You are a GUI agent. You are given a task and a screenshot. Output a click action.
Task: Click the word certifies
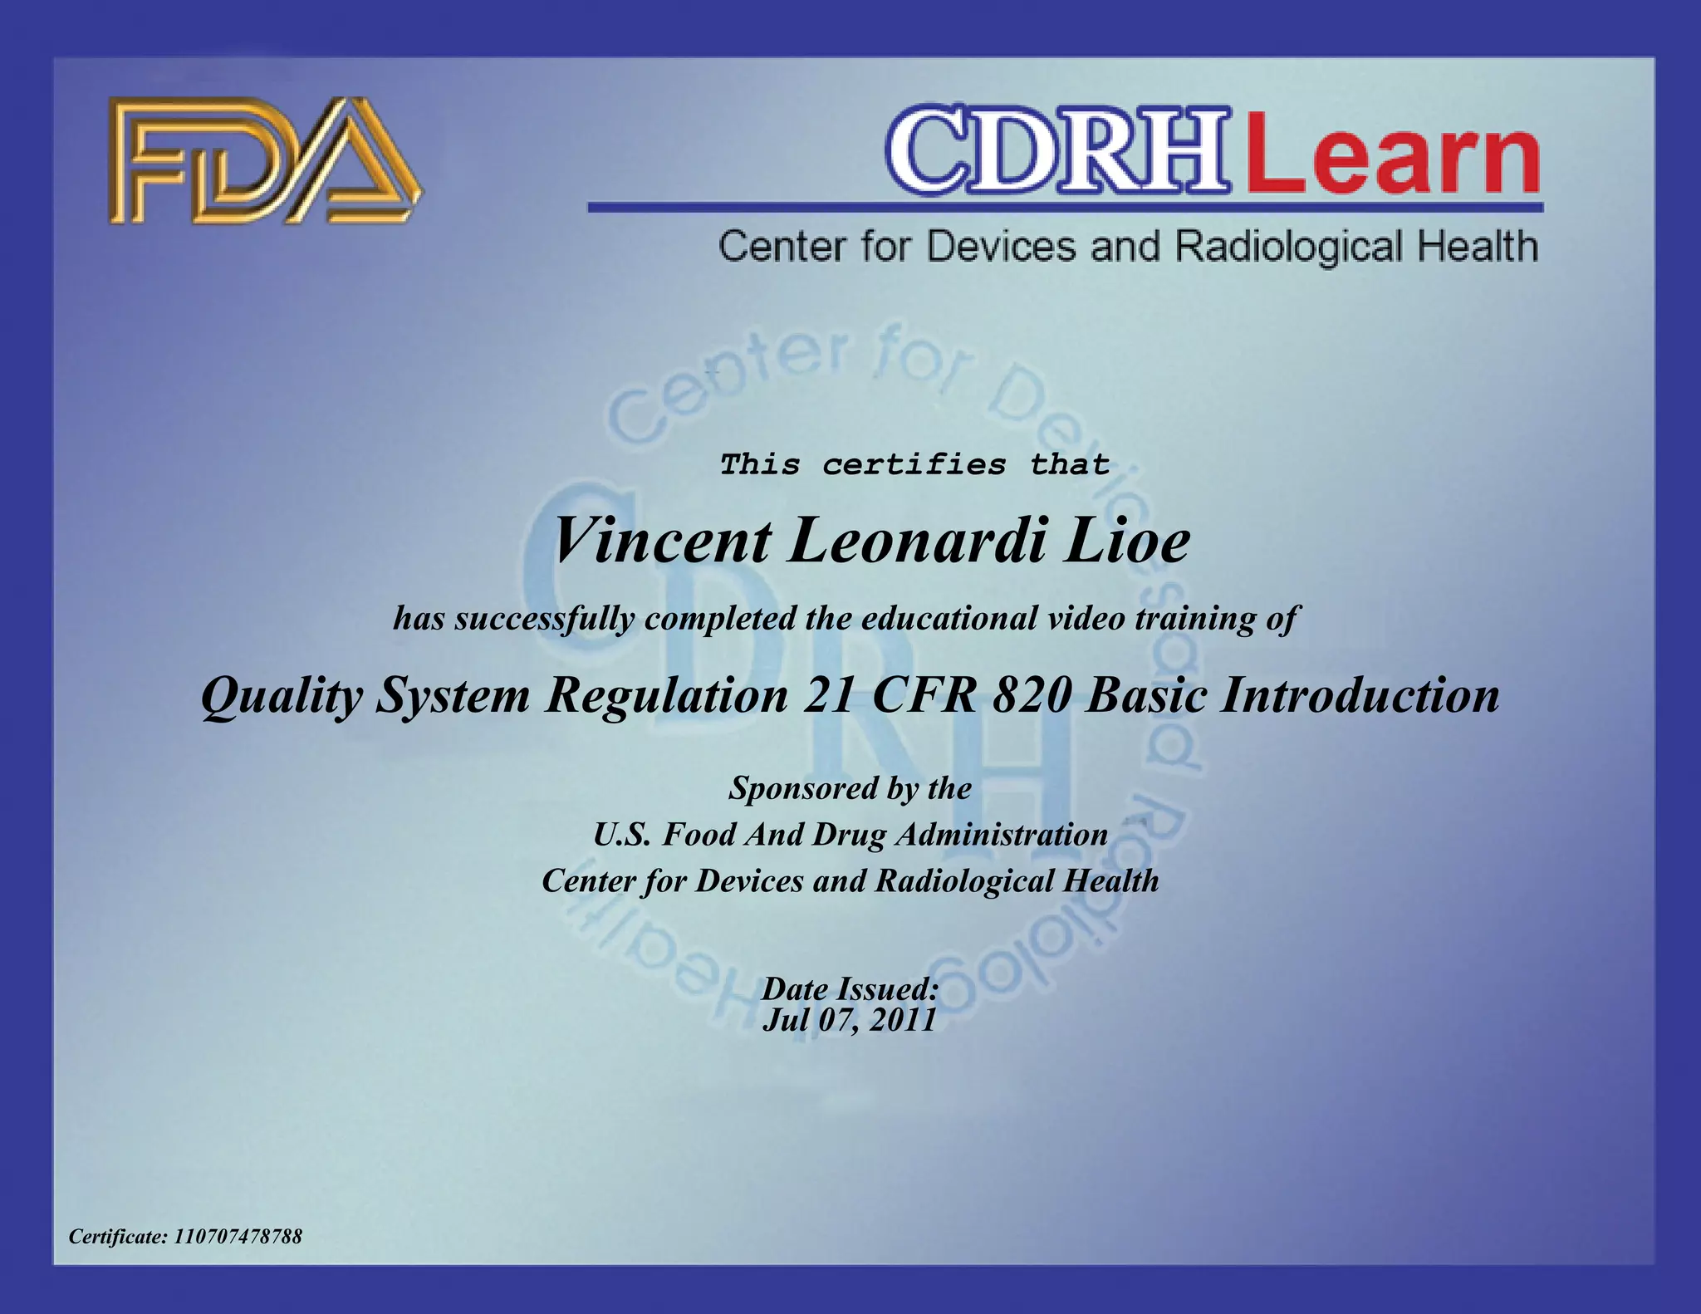[x=914, y=463]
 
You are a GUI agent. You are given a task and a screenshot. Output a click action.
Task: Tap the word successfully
[x=545, y=618]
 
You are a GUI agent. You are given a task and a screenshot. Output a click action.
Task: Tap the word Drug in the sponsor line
[x=849, y=834]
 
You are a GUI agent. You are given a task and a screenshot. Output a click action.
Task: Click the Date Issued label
[x=850, y=988]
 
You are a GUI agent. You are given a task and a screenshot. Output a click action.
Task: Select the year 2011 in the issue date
[x=903, y=1019]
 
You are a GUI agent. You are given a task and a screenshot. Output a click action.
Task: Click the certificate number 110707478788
[x=238, y=1236]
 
